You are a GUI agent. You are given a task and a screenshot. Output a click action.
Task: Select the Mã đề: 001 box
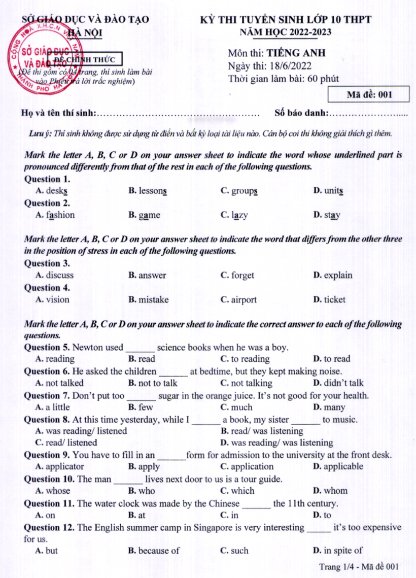click(361, 95)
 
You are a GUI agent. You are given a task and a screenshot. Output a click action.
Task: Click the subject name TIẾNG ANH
click(296, 53)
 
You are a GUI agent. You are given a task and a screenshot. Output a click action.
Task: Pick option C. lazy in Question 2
click(234, 215)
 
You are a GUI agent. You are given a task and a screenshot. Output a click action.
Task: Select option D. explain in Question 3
click(333, 276)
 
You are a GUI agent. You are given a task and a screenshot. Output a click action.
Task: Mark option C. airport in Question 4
click(238, 300)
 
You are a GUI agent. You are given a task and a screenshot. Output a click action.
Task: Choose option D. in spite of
click(337, 551)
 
